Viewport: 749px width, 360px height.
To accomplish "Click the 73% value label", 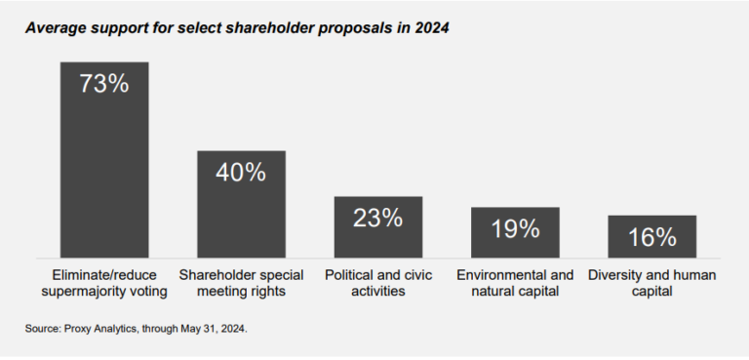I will click(x=104, y=84).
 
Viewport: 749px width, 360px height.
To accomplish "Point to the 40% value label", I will click(x=241, y=173).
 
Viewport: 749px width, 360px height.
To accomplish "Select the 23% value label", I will click(x=378, y=218).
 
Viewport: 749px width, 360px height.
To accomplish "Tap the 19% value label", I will click(x=515, y=228).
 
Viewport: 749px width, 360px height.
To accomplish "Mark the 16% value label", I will click(x=651, y=236).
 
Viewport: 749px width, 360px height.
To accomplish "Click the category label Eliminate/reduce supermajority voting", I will click(x=104, y=282).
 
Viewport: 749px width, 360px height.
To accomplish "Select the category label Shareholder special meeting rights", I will click(x=241, y=282).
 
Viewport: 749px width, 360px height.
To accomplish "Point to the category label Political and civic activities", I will click(x=378, y=282).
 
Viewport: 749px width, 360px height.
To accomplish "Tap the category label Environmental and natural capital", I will click(x=515, y=282).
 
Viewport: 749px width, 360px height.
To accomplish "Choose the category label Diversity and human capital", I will click(x=651, y=282).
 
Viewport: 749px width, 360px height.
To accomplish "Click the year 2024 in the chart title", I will click(x=430, y=27).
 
